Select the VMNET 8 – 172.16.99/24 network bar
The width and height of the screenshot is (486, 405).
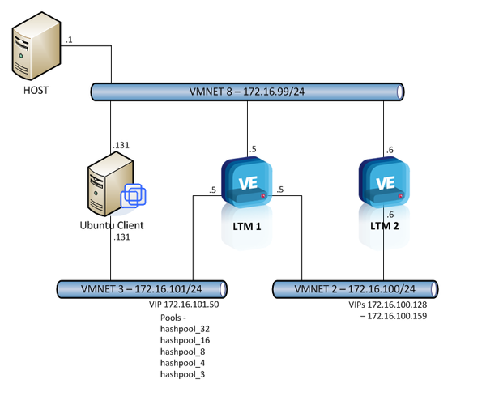tap(247, 92)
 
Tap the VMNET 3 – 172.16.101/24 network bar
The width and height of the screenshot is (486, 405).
tap(142, 287)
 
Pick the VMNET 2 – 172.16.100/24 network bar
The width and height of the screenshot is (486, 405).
tap(355, 288)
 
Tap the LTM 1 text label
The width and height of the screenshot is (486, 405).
tap(247, 226)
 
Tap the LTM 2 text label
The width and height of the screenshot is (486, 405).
tap(384, 226)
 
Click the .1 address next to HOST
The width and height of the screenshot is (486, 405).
tap(70, 40)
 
